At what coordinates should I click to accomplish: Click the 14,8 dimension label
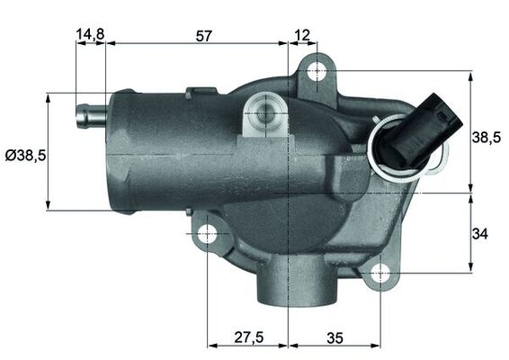coord(90,35)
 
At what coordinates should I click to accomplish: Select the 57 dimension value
coord(204,35)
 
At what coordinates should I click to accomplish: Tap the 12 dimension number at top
coord(301,35)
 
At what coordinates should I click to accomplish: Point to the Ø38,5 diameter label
coord(25,155)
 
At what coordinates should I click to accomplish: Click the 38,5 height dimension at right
coord(486,137)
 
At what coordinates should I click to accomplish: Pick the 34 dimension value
coord(480,234)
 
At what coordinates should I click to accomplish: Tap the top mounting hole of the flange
coord(316,70)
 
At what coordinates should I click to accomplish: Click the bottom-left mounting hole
coord(208,235)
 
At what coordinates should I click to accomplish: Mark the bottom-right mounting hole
coord(380,271)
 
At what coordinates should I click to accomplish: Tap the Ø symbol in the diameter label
coord(10,155)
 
